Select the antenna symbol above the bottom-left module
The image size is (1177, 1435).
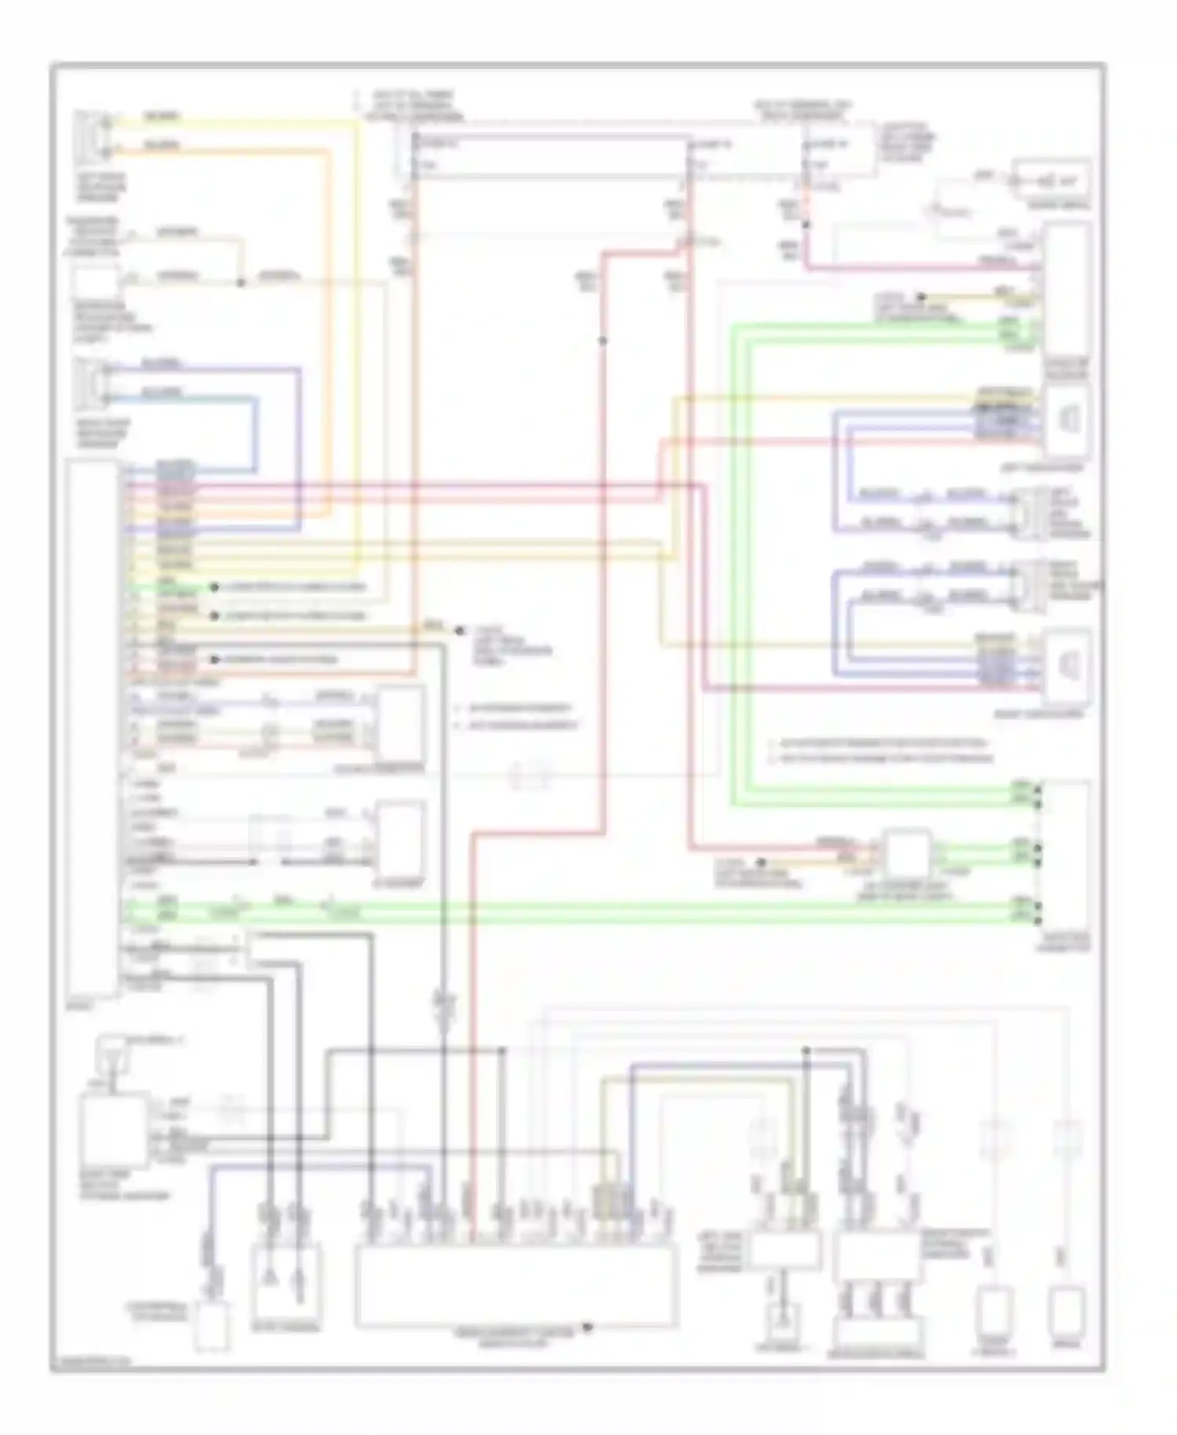point(110,1053)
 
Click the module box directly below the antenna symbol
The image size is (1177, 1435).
point(114,1130)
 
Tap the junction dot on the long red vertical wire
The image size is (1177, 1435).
point(603,340)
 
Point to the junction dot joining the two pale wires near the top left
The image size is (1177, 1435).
point(241,282)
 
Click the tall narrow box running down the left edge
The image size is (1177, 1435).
point(93,730)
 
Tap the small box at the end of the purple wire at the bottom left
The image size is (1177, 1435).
point(212,1327)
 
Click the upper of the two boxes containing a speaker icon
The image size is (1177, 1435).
point(1067,422)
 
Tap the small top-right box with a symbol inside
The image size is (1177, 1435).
point(1051,180)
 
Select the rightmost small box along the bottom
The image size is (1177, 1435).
point(1066,1311)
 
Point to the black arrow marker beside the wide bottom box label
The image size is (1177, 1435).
point(586,1327)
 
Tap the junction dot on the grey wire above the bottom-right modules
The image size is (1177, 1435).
point(806,1050)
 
